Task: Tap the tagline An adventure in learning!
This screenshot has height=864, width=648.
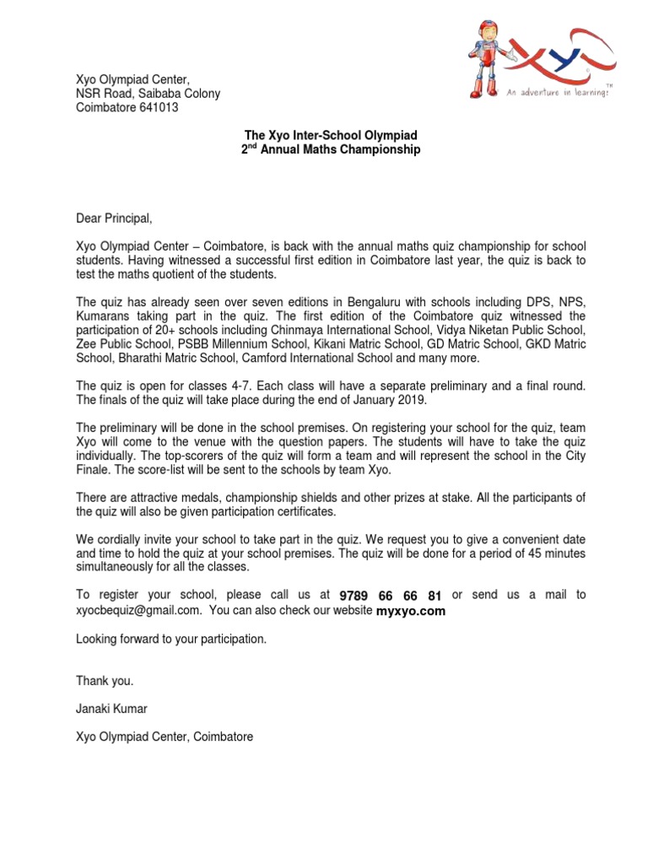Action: pos(558,94)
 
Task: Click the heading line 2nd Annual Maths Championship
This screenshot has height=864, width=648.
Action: pos(331,149)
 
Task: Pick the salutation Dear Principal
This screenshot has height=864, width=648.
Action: pos(115,219)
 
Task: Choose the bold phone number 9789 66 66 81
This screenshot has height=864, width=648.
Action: pos(391,596)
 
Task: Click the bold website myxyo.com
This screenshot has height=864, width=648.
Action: pos(411,610)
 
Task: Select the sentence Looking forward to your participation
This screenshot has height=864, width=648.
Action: pos(171,639)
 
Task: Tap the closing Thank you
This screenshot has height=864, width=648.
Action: pos(105,680)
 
